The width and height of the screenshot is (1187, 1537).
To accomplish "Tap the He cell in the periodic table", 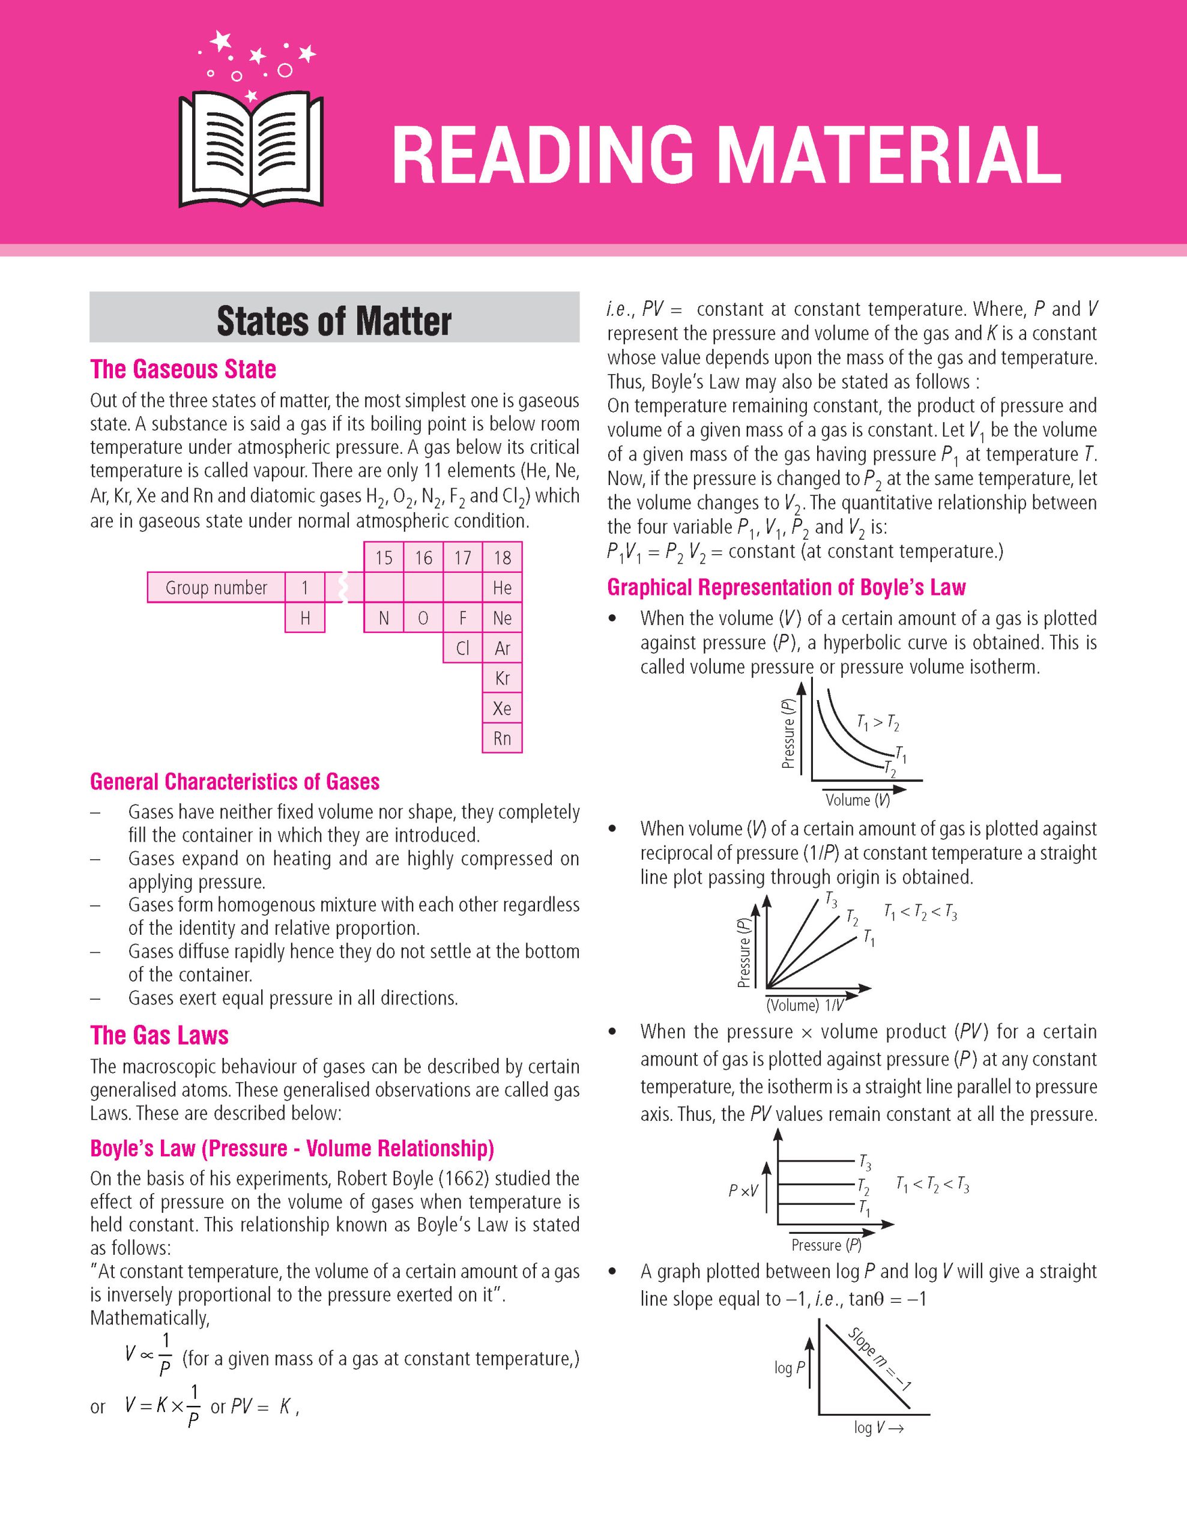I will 502,588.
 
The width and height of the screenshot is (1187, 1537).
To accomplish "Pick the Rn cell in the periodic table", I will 502,738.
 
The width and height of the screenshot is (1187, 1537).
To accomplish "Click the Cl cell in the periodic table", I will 462,648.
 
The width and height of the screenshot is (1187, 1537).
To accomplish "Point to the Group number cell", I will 216,588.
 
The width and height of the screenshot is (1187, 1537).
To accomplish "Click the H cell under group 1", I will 304,618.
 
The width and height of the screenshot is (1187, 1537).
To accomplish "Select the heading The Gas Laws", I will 159,1035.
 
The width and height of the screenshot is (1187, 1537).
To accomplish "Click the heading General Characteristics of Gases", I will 234,782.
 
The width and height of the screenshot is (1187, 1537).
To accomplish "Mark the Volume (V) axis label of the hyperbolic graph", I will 857,800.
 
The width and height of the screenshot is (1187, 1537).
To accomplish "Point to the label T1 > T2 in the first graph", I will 877,722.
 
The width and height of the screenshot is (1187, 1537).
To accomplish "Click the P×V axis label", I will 743,1191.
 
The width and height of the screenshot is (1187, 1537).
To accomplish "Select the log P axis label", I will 789,1368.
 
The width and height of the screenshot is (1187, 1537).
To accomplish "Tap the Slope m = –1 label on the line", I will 880,1358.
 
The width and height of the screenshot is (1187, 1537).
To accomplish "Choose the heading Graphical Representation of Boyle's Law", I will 786,587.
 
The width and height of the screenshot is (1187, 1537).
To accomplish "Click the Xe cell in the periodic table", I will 502,708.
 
